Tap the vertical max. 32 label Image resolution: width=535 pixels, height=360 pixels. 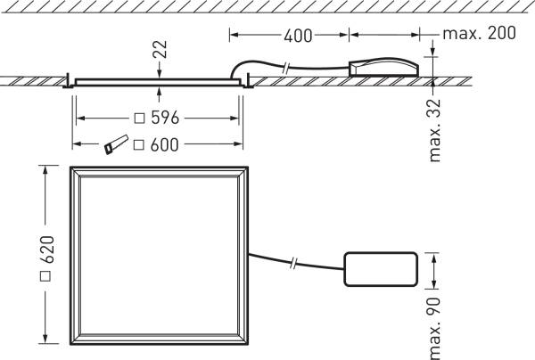(436, 134)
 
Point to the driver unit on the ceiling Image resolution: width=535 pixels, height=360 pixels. (383, 68)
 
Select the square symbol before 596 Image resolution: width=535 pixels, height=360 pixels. (138, 118)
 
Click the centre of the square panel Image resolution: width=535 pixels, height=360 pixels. (160, 256)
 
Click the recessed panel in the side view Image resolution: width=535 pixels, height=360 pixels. (160, 82)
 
